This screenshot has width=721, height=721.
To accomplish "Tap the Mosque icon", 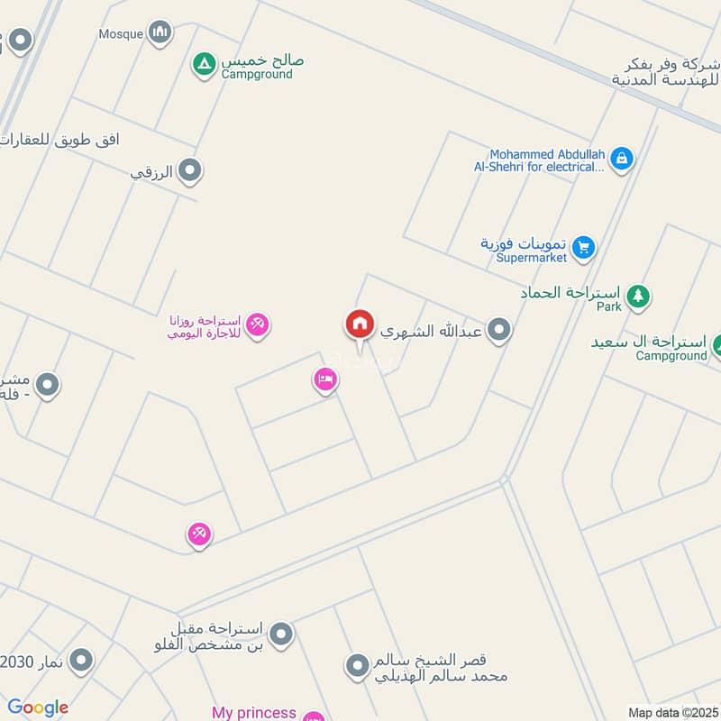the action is (160, 33).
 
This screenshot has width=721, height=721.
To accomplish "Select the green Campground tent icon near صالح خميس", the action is (204, 63).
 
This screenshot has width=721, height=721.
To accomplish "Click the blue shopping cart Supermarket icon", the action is (583, 246).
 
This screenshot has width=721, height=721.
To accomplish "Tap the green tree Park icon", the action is (638, 295).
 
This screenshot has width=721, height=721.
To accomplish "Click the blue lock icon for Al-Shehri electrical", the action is (621, 160).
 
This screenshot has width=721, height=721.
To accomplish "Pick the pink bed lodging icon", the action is (325, 380).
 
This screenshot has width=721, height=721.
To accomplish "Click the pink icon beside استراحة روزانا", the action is (258, 324).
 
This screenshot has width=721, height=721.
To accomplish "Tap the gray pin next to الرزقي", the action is (189, 169).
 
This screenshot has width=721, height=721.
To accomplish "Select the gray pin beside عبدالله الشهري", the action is (499, 331).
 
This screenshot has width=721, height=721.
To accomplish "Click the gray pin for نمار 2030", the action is (81, 662).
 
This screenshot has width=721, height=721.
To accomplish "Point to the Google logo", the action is (37, 708).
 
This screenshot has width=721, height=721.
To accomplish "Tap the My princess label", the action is (253, 713).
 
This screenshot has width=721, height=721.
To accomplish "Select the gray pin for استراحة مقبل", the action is (281, 634).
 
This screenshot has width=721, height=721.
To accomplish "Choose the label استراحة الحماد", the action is (570, 293).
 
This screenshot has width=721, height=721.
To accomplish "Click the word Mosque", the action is (121, 34).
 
